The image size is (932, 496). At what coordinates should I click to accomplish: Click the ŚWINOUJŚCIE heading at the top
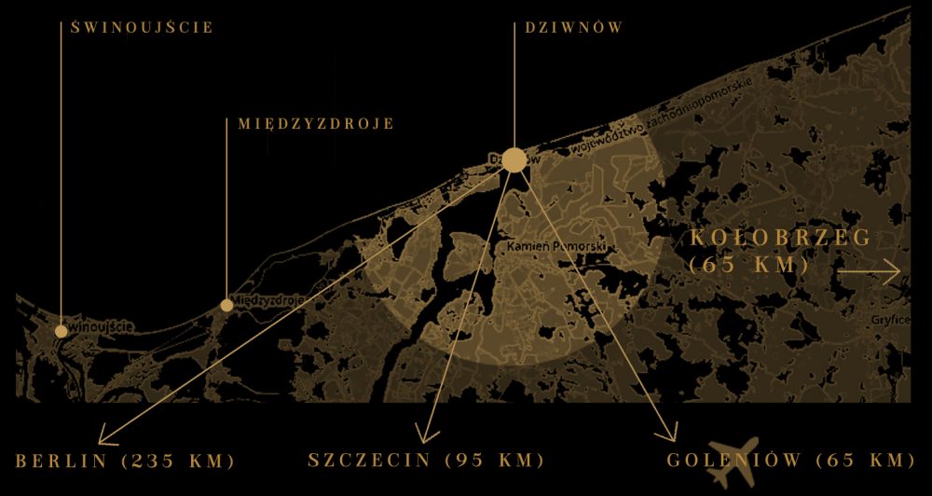pos(143,27)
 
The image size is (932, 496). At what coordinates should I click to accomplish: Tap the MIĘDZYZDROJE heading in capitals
pos(315,123)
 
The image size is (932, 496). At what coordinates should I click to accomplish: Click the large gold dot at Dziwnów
pos(514,159)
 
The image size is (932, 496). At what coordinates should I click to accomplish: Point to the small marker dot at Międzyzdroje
pos(226,305)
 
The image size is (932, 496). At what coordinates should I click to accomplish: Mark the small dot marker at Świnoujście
pos(61,331)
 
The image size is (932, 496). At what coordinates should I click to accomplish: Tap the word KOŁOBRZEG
pos(781,238)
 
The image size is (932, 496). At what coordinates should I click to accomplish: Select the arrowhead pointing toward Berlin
pos(103,436)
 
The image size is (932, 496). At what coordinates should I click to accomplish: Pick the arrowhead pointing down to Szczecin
pos(425,436)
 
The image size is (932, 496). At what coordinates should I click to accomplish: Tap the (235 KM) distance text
pos(177,462)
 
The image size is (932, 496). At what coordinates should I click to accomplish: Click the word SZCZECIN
pos(369,461)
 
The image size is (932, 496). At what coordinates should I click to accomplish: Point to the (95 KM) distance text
pos(494,461)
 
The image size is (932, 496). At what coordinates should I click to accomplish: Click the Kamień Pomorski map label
pos(557,247)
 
